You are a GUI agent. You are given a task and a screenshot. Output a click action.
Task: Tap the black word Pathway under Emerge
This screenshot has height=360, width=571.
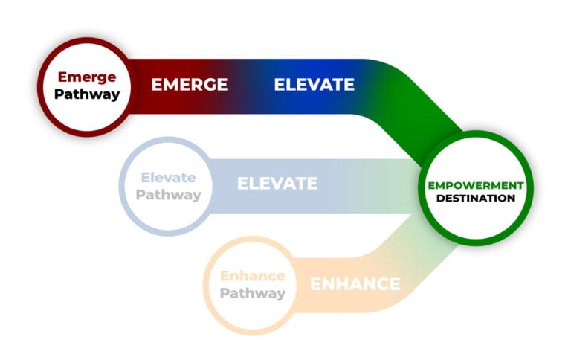coord(86,95)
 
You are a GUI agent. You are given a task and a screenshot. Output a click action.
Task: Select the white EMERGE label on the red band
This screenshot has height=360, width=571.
coord(190,85)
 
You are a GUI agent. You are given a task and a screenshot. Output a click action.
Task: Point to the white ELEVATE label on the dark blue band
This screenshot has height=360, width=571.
coord(314,85)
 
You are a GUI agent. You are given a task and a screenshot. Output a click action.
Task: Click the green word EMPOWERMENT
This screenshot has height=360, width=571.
coord(476,185)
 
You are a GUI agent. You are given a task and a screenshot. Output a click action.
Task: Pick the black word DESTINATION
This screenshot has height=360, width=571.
coord(476,199)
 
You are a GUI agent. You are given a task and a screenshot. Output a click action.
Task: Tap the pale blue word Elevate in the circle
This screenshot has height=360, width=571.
coord(169,178)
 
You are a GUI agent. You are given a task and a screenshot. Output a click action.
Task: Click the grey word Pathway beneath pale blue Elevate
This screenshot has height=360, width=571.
coord(169,195)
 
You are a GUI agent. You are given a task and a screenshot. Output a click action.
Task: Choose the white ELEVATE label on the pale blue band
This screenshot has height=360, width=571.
coord(277,183)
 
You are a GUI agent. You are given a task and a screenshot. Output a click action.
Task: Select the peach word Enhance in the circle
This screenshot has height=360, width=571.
coord(253,276)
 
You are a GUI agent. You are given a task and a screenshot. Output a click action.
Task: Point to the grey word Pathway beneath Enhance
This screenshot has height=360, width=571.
coord(253,293)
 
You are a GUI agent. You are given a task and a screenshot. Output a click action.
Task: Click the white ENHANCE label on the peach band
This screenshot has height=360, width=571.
coord(355,284)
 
